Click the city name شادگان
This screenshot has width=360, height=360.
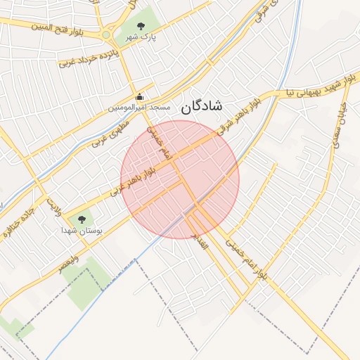pos(201,106)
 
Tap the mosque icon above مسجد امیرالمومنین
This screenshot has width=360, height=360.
pos(139,97)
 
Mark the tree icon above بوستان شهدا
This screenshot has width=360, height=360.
pos(82,219)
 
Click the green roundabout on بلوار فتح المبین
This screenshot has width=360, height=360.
pos(106,34)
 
